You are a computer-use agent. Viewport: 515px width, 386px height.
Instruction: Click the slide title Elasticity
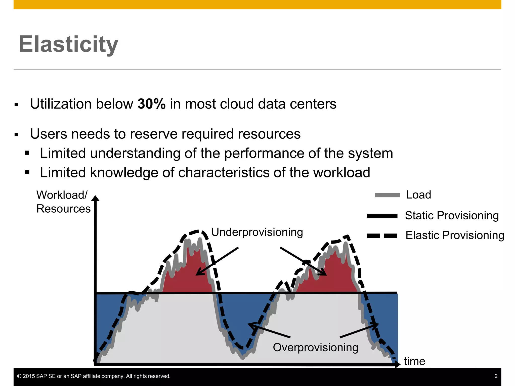click(68, 44)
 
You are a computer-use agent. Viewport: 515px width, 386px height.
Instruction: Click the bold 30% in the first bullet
click(151, 104)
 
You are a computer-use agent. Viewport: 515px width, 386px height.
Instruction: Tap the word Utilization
click(61, 104)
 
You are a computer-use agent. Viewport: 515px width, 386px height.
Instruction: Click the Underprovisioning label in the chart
click(257, 232)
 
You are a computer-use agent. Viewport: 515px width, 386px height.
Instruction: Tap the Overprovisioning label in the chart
click(315, 348)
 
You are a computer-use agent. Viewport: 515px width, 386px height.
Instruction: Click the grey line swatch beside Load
click(387, 195)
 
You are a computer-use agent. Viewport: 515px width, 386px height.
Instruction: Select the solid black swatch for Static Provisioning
click(382, 216)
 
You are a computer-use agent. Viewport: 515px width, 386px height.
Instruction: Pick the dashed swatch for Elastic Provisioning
click(382, 236)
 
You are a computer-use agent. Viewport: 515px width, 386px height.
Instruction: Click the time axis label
click(414, 361)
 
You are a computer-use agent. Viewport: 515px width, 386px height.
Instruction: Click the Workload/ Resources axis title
click(63, 202)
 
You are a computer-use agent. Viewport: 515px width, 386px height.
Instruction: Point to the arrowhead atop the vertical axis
click(95, 198)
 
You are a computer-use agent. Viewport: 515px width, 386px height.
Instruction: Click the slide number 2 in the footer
click(496, 376)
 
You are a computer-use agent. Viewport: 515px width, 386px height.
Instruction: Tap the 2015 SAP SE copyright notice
click(94, 376)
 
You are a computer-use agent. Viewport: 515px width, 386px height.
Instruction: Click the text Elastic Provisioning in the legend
click(455, 235)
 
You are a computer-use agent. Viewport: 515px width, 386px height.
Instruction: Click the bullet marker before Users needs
click(16, 135)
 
